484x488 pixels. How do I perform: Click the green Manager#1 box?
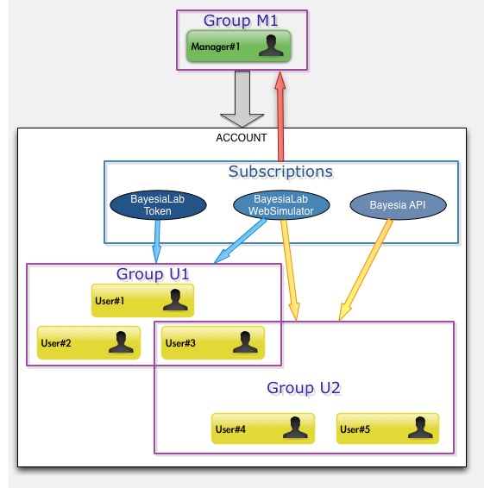[x=239, y=46]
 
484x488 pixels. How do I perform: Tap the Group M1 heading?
[x=241, y=21]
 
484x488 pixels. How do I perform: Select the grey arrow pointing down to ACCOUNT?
[x=242, y=99]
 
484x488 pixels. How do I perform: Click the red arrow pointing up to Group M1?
[x=280, y=116]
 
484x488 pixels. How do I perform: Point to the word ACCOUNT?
[x=242, y=138]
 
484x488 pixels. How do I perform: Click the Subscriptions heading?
[x=280, y=172]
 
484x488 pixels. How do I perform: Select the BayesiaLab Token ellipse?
[x=158, y=205]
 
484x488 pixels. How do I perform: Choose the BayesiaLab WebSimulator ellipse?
[x=281, y=205]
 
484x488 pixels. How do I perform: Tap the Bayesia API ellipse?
[x=398, y=205]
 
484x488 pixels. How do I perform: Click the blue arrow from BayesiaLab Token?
[x=157, y=241]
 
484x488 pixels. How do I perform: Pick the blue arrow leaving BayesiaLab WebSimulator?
[x=240, y=241]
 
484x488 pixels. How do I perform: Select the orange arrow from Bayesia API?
[x=365, y=270]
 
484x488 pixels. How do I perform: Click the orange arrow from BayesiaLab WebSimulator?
[x=290, y=270]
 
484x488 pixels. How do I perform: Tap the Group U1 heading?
[x=153, y=274]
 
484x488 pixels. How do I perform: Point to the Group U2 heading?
[x=304, y=388]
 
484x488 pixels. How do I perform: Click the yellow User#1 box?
[x=142, y=300]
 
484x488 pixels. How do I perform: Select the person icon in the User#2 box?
[x=121, y=342]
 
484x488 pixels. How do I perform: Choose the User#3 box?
[x=213, y=342]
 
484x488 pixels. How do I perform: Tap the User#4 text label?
[x=230, y=429]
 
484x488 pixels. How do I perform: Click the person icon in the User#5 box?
[x=420, y=428]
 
